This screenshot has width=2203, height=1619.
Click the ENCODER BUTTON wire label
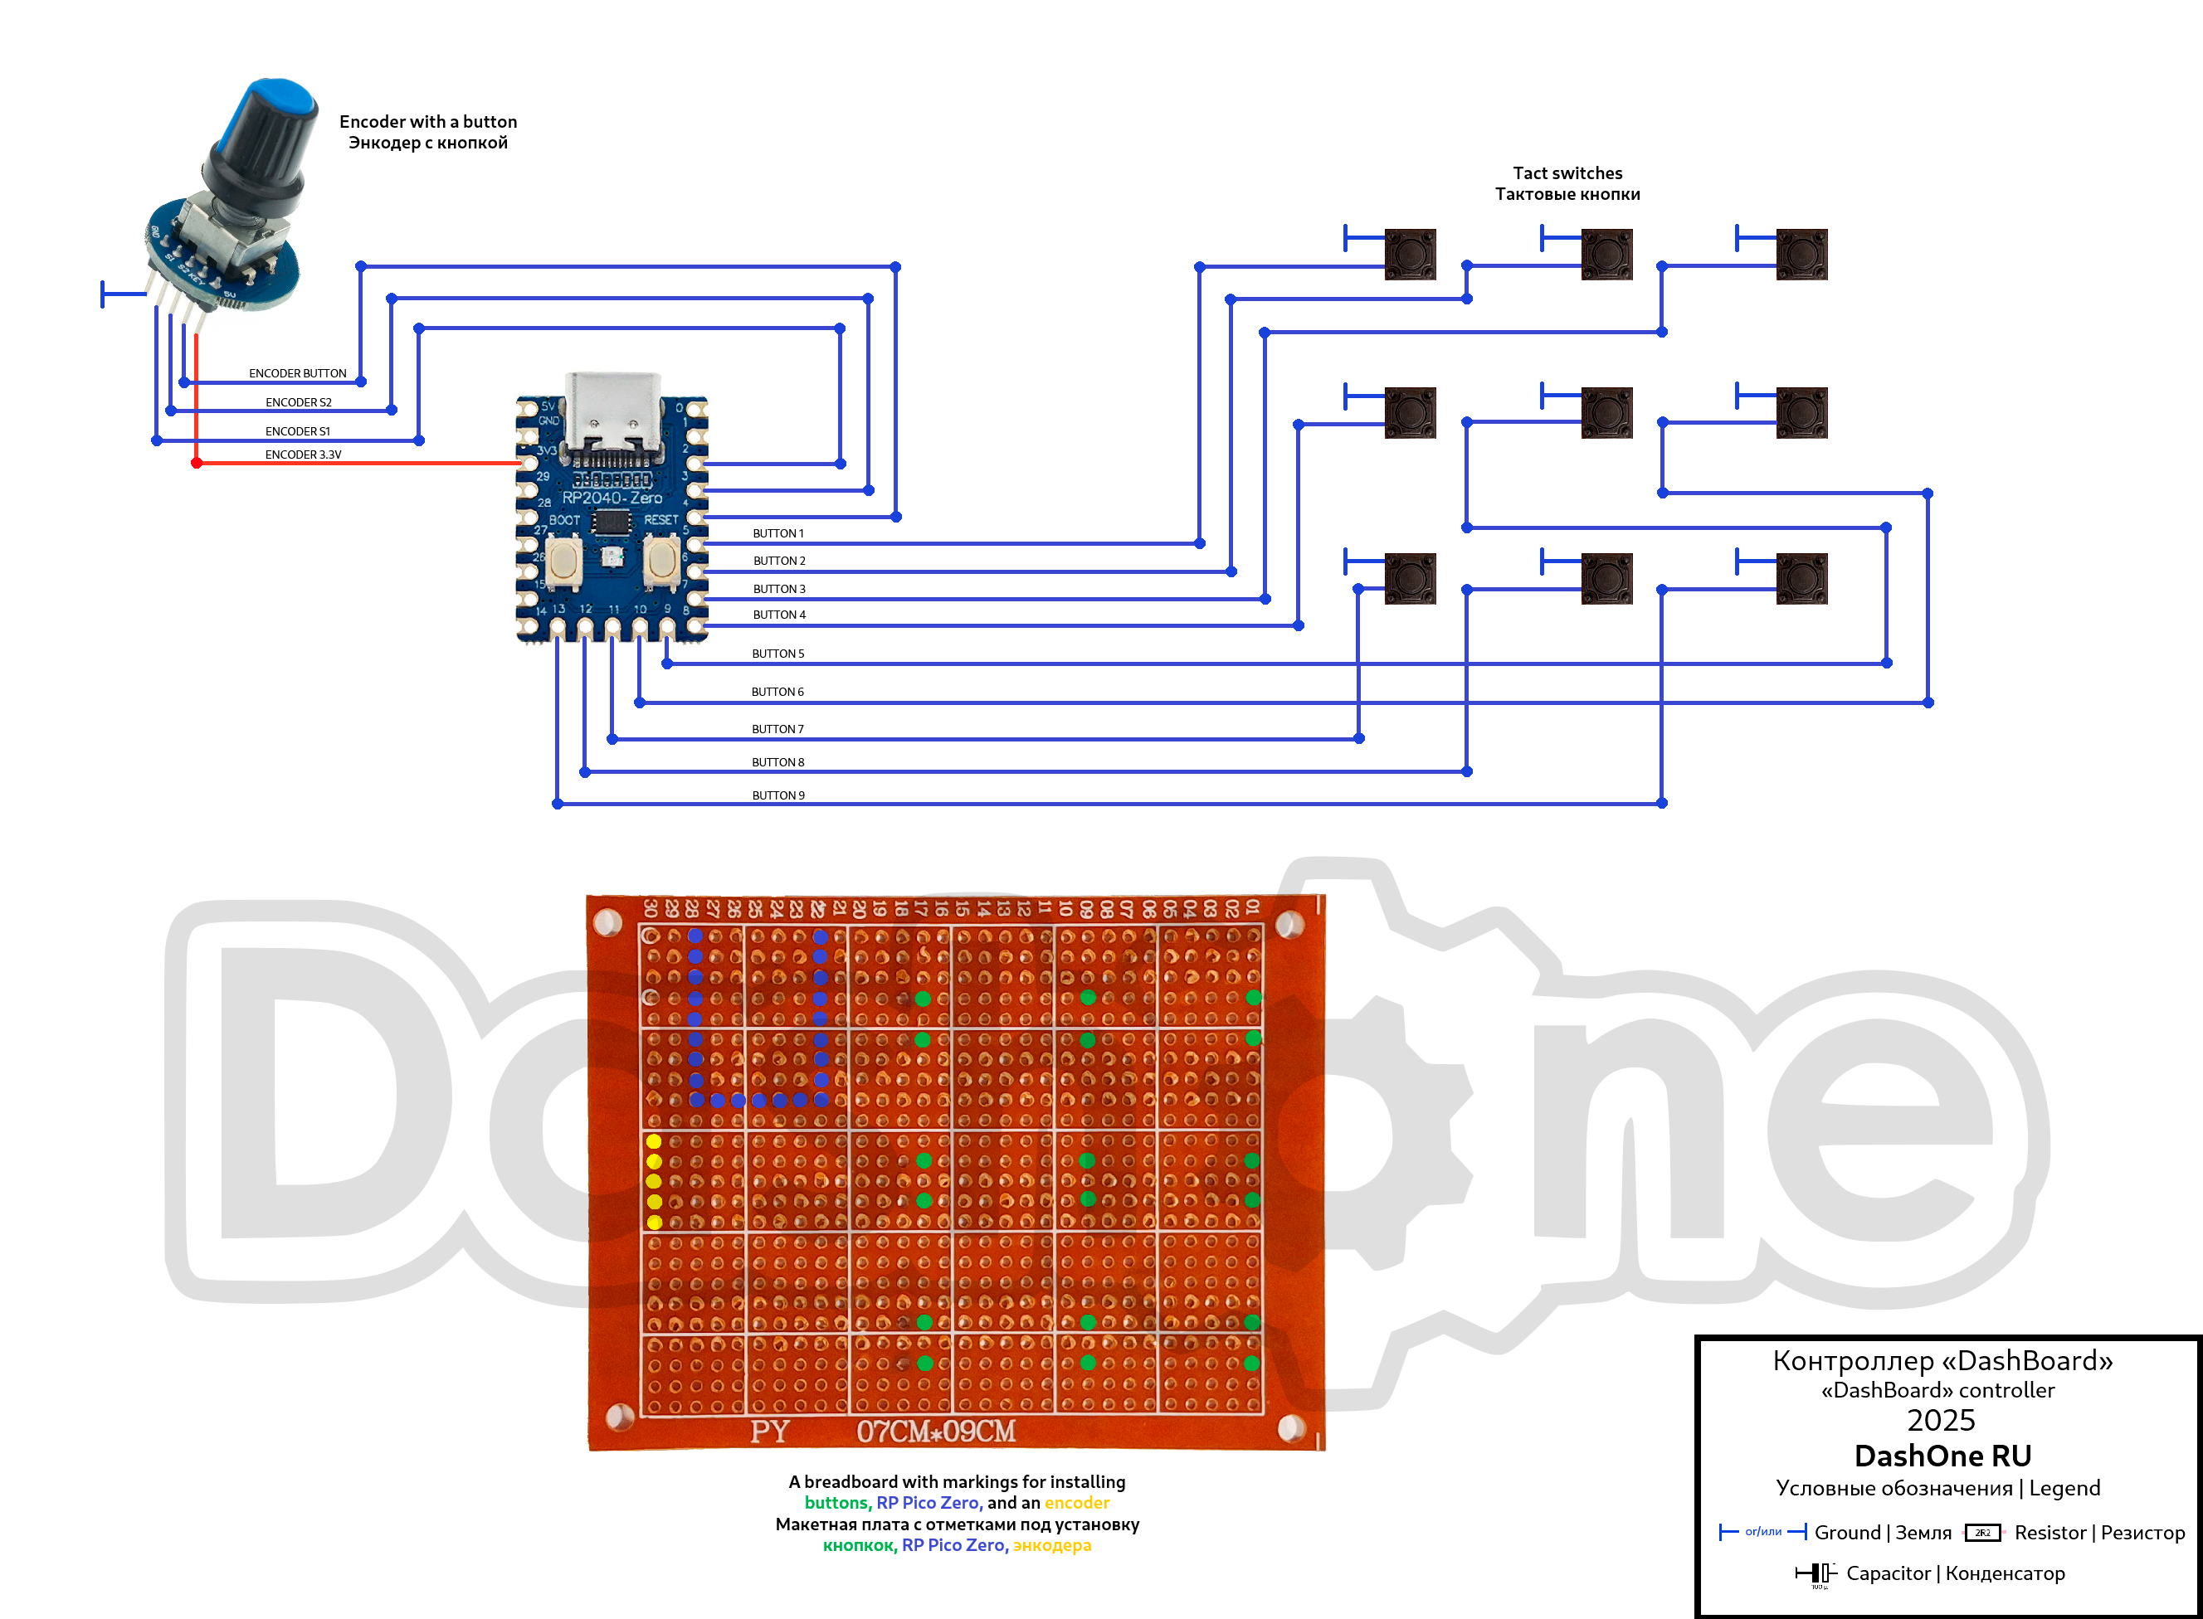[x=297, y=373]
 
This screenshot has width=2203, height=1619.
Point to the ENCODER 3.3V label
[x=303, y=455]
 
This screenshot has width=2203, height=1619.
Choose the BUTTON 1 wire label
[x=777, y=534]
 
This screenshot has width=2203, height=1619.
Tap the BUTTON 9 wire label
[x=777, y=795]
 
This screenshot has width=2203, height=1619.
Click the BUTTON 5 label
[x=777, y=654]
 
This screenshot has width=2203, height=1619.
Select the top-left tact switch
[x=1409, y=255]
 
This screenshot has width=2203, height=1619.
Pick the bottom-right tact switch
[x=1801, y=578]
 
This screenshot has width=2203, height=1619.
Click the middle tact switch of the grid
[x=1606, y=412]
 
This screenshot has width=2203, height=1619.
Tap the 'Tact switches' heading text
[x=1567, y=173]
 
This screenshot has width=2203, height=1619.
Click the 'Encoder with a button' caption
[x=427, y=122]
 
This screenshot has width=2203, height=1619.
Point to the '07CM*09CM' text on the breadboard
[x=935, y=1432]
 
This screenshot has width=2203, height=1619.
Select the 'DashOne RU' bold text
[x=1942, y=1456]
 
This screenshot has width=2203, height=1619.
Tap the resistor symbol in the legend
[x=1982, y=1533]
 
